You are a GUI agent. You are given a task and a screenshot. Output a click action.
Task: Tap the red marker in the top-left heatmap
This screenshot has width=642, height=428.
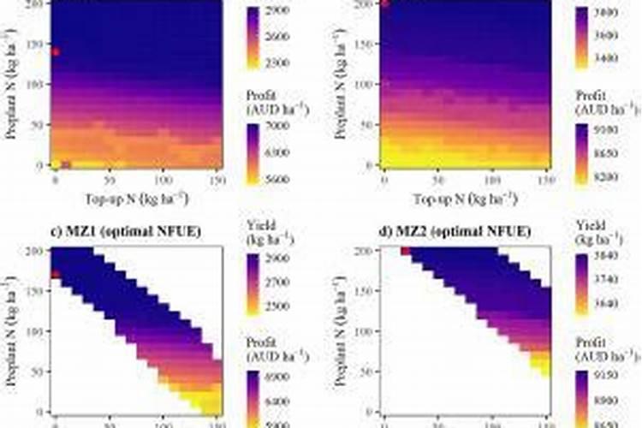56,51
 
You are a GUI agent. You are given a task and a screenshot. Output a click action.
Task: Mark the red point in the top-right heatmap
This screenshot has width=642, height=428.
384,3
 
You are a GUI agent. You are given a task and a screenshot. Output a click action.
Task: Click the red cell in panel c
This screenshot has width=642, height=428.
56,274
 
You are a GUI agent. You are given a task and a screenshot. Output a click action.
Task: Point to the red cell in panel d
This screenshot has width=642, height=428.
405,251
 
